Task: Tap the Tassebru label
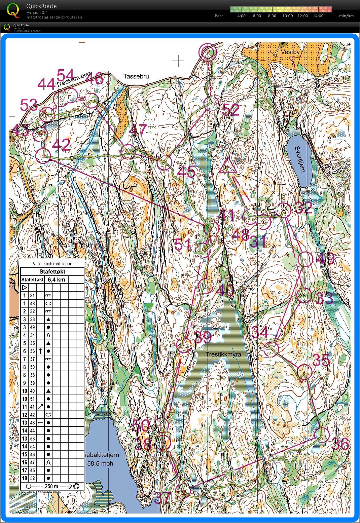[136, 76]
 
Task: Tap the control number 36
[340, 444]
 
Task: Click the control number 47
[138, 130]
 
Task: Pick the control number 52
[231, 110]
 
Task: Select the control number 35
[321, 360]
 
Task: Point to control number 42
[61, 145]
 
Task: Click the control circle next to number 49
[305, 259]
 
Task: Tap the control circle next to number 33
[305, 295]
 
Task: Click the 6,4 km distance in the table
[56, 279]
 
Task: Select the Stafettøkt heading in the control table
[52, 272]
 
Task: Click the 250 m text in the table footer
[51, 486]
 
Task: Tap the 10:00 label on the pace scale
[287, 16]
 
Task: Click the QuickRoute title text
[41, 6]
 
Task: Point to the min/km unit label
[346, 16]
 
